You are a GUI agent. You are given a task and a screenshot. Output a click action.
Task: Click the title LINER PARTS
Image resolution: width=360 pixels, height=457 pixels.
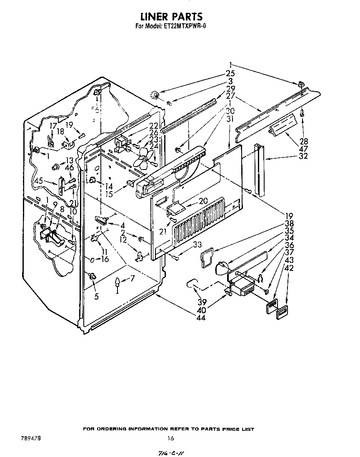[x=171, y=16]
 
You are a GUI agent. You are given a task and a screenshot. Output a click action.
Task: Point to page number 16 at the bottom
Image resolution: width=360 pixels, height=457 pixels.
[x=170, y=438]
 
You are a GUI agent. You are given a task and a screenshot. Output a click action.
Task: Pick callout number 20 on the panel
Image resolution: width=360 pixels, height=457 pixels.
[x=203, y=201]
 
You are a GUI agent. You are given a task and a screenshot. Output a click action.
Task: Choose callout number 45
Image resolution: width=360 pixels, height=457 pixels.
[x=39, y=181]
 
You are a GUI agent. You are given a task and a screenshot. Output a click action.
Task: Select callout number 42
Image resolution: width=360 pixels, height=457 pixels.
[x=288, y=268]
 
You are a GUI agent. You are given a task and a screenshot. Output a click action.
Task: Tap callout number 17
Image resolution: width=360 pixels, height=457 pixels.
[x=53, y=125]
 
